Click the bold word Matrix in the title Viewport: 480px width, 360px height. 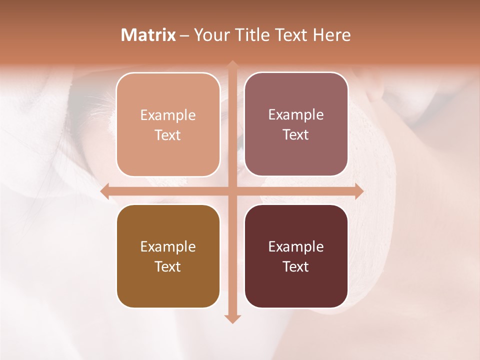click(x=148, y=35)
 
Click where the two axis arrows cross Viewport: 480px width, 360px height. click(x=232, y=191)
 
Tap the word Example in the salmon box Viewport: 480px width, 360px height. click(x=168, y=115)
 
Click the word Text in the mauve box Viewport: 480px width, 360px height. click(x=296, y=135)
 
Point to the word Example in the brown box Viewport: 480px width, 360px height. click(x=168, y=247)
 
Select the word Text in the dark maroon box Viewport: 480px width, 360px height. click(x=296, y=266)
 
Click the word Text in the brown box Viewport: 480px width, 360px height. click(x=168, y=266)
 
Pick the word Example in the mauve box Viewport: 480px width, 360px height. click(x=296, y=115)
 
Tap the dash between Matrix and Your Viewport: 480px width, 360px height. click(x=184, y=35)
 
